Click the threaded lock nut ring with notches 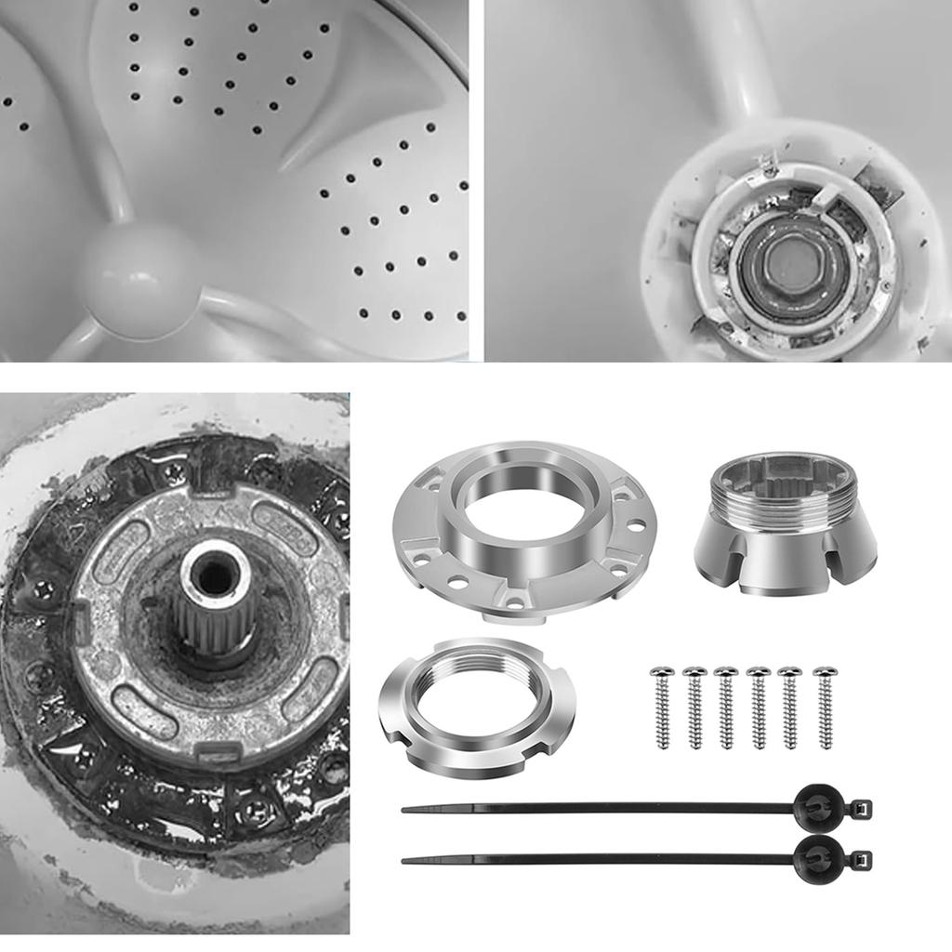[476, 707]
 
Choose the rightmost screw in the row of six [824, 707]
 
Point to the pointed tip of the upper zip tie [406, 810]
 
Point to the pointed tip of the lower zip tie [406, 860]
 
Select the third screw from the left [726, 707]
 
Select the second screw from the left [694, 707]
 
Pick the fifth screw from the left [790, 707]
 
